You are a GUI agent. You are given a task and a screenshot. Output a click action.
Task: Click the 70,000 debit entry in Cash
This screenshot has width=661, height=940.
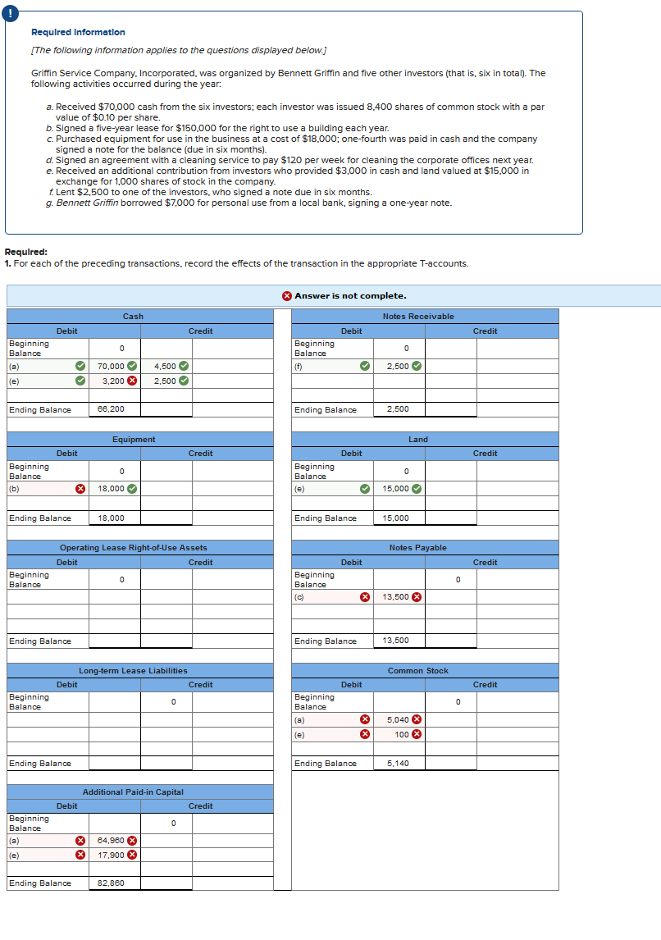pyautogui.click(x=111, y=366)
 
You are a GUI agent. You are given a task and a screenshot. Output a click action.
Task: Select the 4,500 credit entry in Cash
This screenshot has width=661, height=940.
pyautogui.click(x=165, y=366)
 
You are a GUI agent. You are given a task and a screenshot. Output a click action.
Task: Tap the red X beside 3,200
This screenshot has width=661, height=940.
pyautogui.click(x=132, y=381)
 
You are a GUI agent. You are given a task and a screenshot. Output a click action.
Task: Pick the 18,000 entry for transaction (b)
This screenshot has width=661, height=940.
pyautogui.click(x=111, y=489)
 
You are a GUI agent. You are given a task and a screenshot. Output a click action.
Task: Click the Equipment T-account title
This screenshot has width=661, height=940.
pyautogui.click(x=134, y=440)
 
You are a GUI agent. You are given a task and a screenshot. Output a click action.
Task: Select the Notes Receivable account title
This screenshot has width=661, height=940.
pyautogui.click(x=417, y=317)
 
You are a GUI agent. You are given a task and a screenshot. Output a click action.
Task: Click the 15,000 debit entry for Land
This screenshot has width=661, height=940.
pyautogui.click(x=396, y=489)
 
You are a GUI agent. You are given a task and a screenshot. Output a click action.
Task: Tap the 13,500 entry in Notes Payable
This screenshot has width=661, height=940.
pyautogui.click(x=396, y=597)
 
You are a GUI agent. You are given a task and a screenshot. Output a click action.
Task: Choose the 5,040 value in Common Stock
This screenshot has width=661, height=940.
pyautogui.click(x=397, y=719)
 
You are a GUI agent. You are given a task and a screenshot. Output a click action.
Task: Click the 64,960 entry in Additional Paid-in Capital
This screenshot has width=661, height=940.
pyautogui.click(x=111, y=840)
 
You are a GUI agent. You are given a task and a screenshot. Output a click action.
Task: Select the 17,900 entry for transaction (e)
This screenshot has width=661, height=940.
pyautogui.click(x=111, y=855)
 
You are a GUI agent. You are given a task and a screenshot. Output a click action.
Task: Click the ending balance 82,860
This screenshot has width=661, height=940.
pyautogui.click(x=111, y=883)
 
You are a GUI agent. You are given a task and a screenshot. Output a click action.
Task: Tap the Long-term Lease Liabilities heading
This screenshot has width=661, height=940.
pyautogui.click(x=133, y=671)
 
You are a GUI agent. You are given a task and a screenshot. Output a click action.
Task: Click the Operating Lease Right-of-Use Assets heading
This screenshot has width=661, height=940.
pyautogui.click(x=134, y=548)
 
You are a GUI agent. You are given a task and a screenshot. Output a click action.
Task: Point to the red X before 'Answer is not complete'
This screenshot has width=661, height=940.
pyautogui.click(x=286, y=295)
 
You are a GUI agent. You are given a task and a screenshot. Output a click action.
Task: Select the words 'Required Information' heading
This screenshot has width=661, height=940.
pyautogui.click(x=78, y=32)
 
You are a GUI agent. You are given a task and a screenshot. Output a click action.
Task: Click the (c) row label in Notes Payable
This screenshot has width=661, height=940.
pyautogui.click(x=299, y=597)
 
